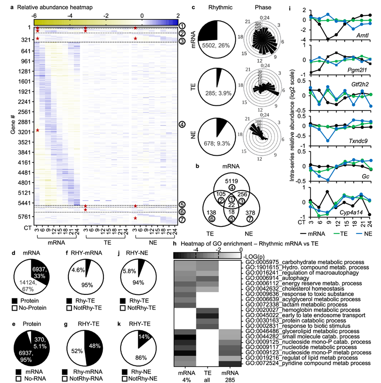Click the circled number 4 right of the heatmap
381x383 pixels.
coord(182,124)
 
